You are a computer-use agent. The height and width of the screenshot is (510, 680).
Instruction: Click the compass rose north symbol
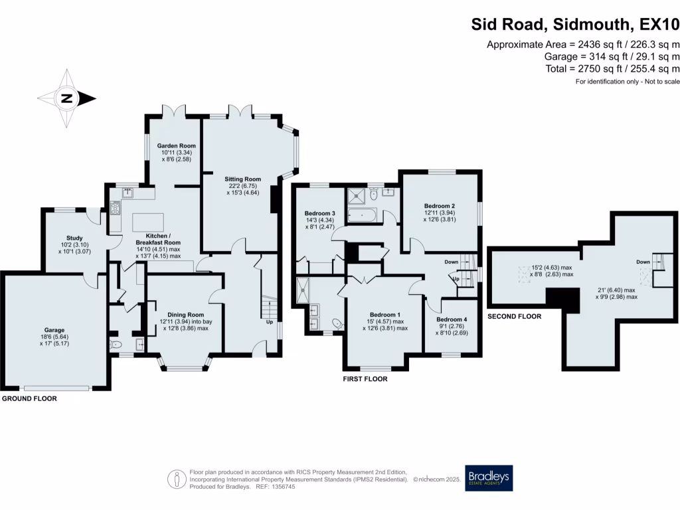(66, 99)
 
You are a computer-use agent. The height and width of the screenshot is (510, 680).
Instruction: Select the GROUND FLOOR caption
(29, 399)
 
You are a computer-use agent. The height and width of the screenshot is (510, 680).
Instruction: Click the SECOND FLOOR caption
(515, 317)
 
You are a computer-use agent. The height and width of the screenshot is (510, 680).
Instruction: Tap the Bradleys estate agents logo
(489, 477)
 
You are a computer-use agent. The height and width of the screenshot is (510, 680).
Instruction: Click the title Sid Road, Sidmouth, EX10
(575, 25)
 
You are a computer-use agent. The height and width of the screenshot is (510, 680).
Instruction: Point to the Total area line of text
(610, 68)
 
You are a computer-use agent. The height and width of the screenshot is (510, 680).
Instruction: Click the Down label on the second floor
(643, 262)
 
